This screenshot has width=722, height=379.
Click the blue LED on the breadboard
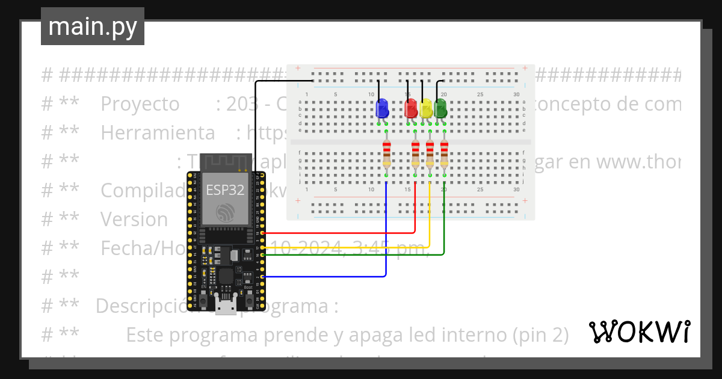(x=381, y=109)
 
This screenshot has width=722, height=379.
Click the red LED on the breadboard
(x=411, y=109)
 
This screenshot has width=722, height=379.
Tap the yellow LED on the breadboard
(x=426, y=109)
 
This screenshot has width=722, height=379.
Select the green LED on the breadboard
(x=440, y=109)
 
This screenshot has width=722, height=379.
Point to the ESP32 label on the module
(x=225, y=190)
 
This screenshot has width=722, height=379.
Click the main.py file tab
(x=93, y=27)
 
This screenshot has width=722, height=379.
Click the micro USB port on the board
(x=226, y=309)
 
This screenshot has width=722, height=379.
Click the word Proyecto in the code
(x=140, y=104)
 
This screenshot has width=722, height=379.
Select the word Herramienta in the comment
(x=157, y=132)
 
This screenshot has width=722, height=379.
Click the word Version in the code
(x=134, y=220)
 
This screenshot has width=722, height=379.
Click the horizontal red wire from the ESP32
(x=337, y=233)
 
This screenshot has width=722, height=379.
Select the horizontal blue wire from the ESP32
(x=325, y=277)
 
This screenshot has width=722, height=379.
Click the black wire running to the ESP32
(x=256, y=120)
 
